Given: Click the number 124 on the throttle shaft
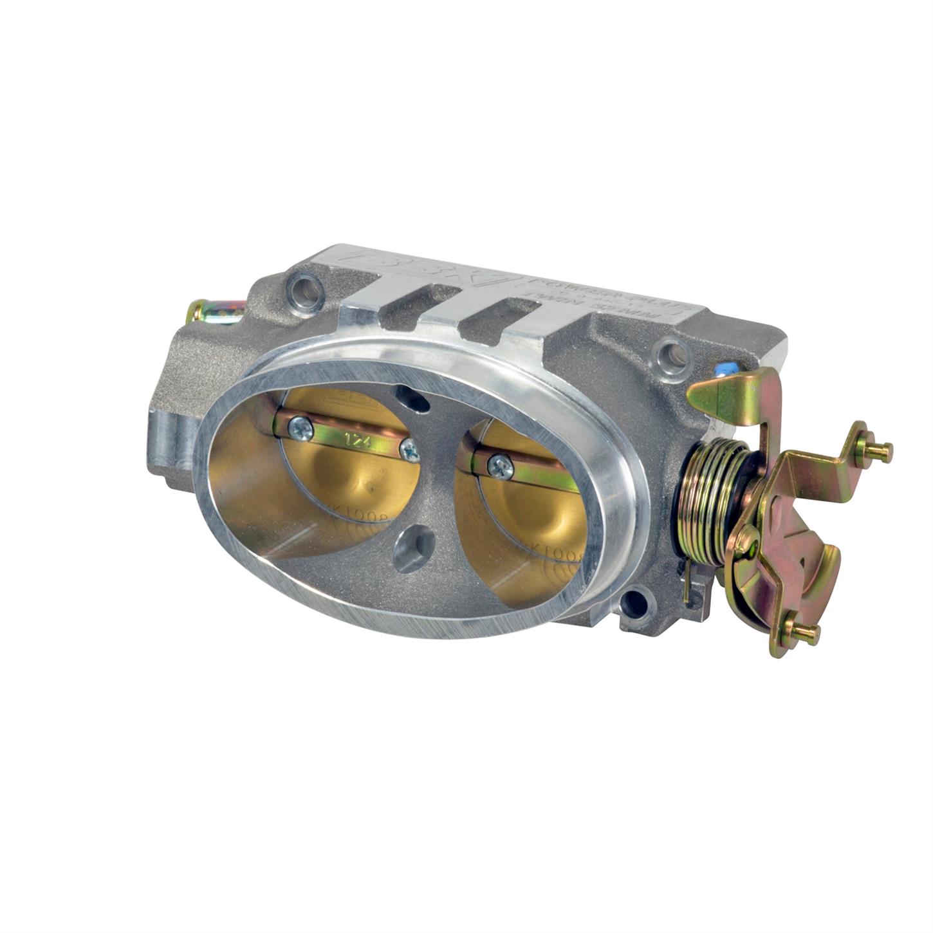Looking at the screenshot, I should pyautogui.click(x=353, y=441).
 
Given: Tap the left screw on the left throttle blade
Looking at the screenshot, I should pyautogui.click(x=300, y=427).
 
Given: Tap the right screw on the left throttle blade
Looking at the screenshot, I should pyautogui.click(x=409, y=451).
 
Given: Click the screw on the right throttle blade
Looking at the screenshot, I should pyautogui.click(x=500, y=465).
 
